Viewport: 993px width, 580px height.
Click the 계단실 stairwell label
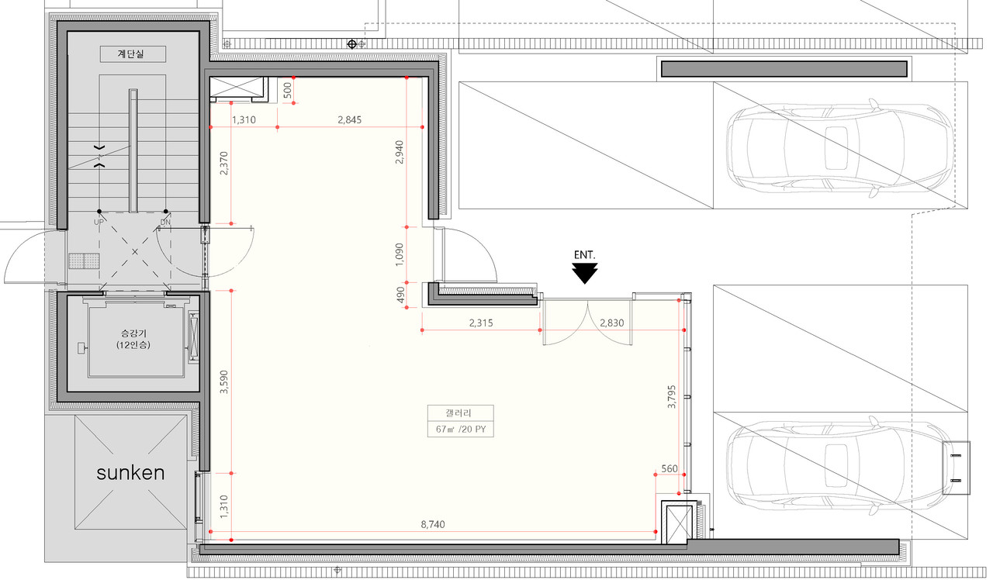point(131,54)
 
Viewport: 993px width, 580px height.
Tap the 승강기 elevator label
point(133,333)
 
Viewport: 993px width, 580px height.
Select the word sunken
point(131,473)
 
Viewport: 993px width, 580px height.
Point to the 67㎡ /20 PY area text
point(461,429)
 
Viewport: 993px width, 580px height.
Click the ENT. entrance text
point(585,255)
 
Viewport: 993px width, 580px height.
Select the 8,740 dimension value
point(433,524)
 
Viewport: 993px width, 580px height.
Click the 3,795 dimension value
point(672,396)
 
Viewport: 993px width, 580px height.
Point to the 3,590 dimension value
point(224,382)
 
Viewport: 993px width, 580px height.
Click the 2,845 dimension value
point(349,119)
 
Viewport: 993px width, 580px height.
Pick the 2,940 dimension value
point(400,152)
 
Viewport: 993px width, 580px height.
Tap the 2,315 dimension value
point(481,323)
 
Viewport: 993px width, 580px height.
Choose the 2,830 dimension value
point(612,323)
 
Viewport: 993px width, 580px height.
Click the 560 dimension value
point(669,468)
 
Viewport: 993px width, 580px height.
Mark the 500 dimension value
point(287,91)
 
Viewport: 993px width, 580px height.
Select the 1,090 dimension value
point(400,254)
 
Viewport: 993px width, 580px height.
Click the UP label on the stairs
point(99,222)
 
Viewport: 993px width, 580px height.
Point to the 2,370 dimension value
point(224,163)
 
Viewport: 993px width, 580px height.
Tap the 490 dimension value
point(400,295)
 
